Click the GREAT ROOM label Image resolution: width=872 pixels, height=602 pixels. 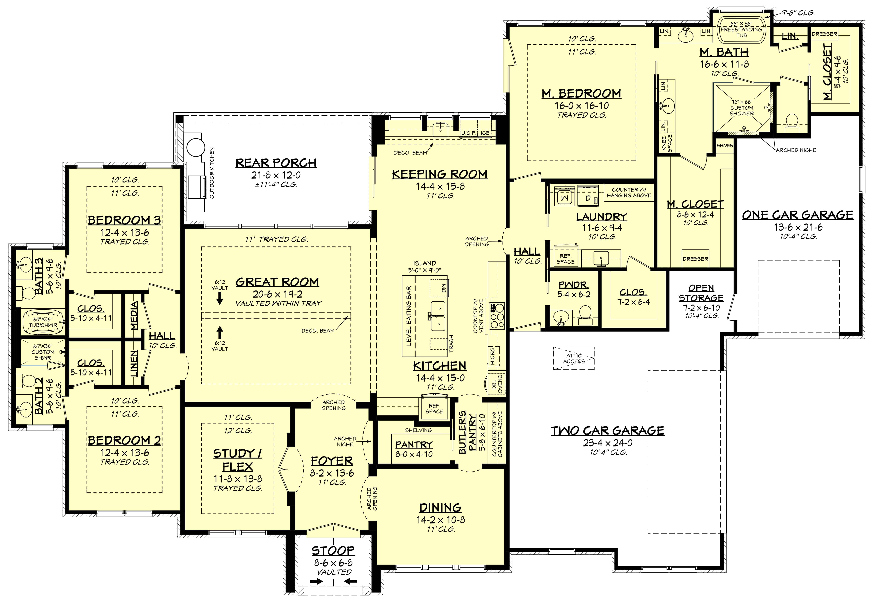pyautogui.click(x=277, y=282)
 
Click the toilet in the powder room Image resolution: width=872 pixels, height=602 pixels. pyautogui.click(x=585, y=315)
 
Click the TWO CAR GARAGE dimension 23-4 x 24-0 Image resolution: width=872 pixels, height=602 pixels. pyautogui.click(x=608, y=443)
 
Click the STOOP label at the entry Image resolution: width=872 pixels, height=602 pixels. pyautogui.click(x=333, y=551)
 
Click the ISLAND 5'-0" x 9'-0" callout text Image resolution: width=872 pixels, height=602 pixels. pyautogui.click(x=424, y=266)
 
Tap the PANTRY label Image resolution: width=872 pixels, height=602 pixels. pyautogui.click(x=414, y=445)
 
